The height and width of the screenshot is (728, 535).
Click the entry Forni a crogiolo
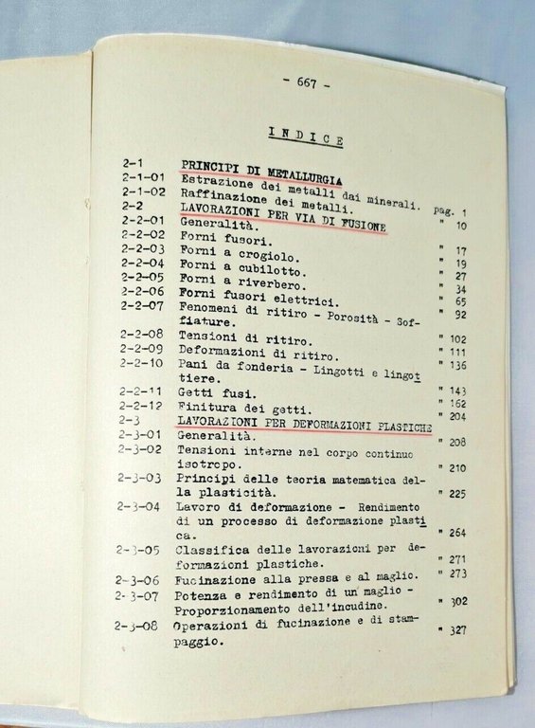[226, 255]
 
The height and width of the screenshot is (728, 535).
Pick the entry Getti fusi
[215, 390]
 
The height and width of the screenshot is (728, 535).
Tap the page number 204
[461, 415]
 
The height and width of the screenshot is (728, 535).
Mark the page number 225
[459, 493]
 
